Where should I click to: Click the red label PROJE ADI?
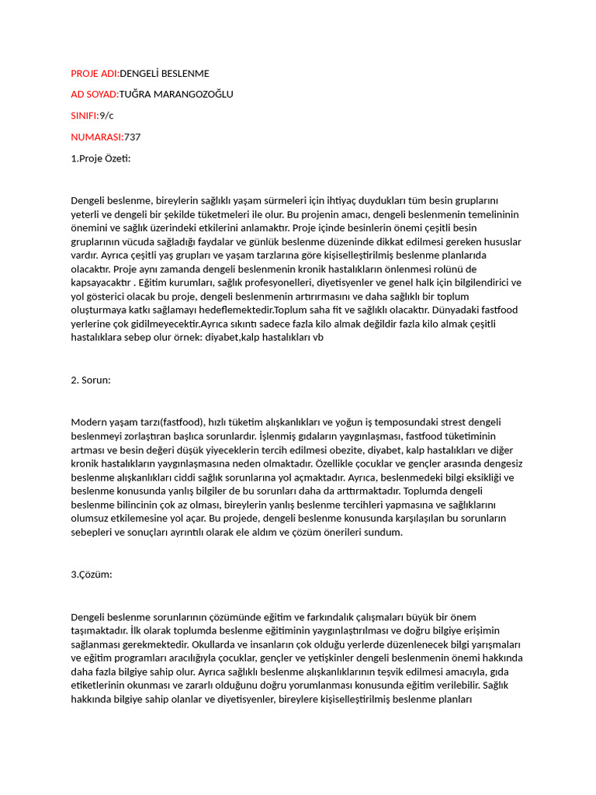point(95,74)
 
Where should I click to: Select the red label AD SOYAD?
point(95,95)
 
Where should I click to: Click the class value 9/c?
point(106,116)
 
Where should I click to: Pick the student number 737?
point(133,137)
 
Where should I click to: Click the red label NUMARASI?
point(97,137)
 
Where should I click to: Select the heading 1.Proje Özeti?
point(101,158)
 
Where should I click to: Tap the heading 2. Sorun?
point(91,380)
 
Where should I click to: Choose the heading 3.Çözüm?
point(92,575)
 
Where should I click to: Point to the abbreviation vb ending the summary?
point(317,338)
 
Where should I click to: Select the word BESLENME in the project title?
point(184,74)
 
